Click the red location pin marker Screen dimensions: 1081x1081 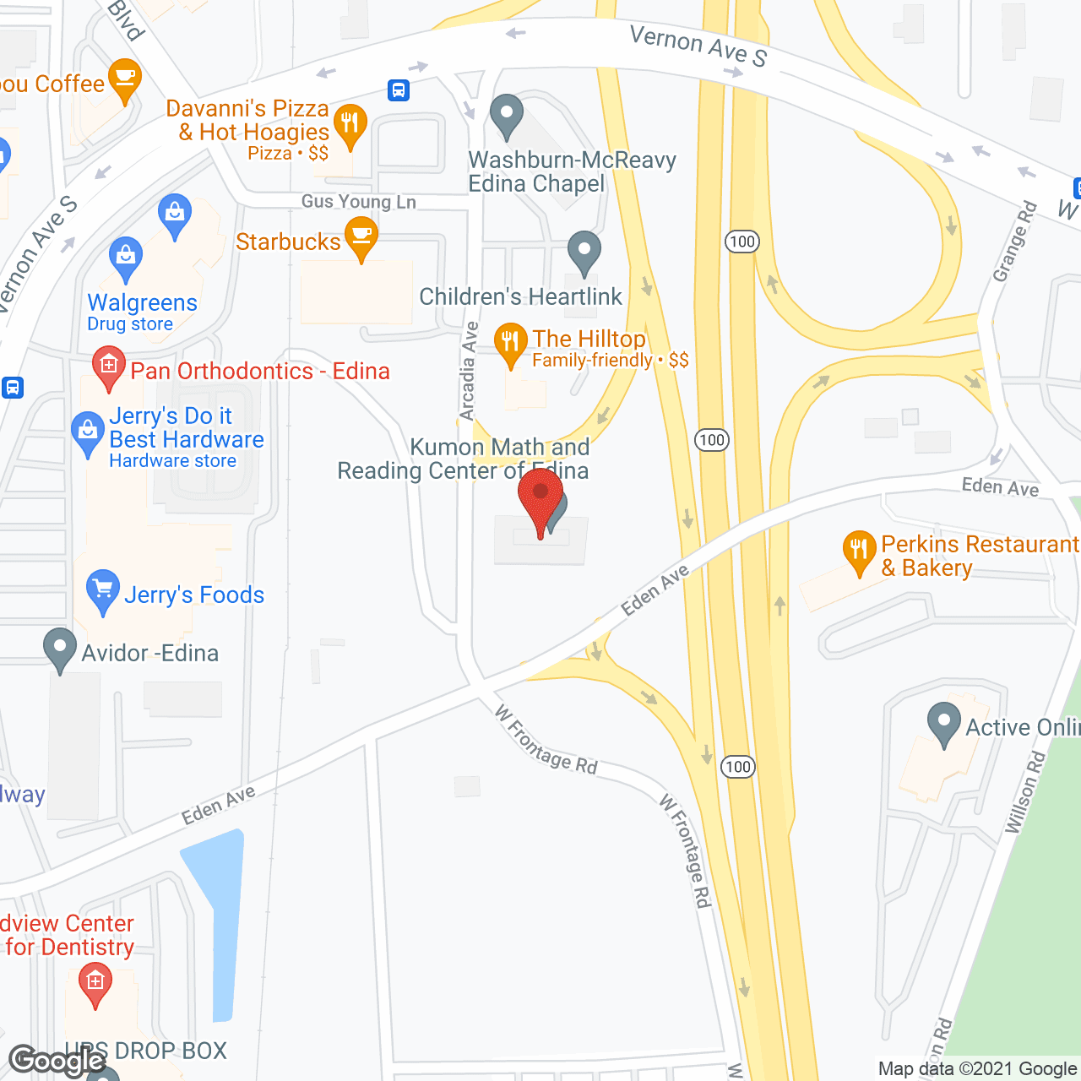pyautogui.click(x=540, y=498)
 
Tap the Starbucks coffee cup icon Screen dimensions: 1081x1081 pyautogui.click(x=361, y=238)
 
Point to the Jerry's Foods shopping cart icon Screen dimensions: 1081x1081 pyautogui.click(x=103, y=590)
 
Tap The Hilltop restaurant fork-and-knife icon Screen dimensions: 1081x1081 pyautogui.click(x=510, y=343)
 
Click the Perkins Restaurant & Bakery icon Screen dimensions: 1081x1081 pyautogui.click(x=859, y=551)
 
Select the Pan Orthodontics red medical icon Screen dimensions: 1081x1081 pyautogui.click(x=108, y=367)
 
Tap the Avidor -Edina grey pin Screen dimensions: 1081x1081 pyautogui.click(x=59, y=649)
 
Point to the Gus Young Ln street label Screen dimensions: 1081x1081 pyautogui.click(x=359, y=202)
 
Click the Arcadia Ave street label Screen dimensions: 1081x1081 pyautogui.click(x=468, y=372)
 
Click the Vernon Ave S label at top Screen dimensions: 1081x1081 pyautogui.click(x=698, y=46)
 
